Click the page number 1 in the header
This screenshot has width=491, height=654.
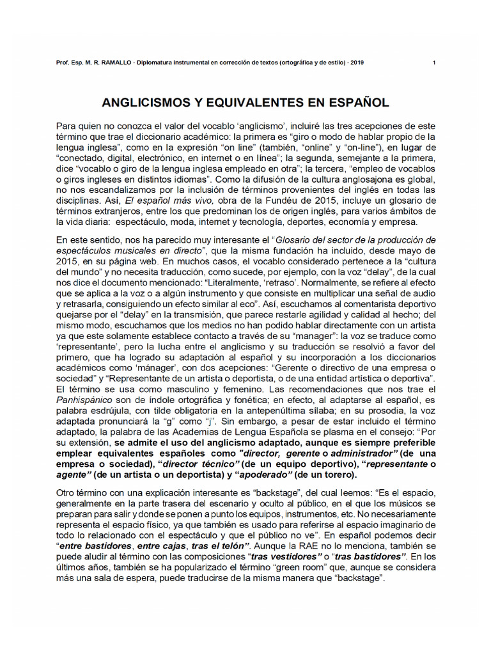(x=434, y=63)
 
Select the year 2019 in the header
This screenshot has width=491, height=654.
(x=357, y=63)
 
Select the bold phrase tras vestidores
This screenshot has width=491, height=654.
(x=282, y=556)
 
